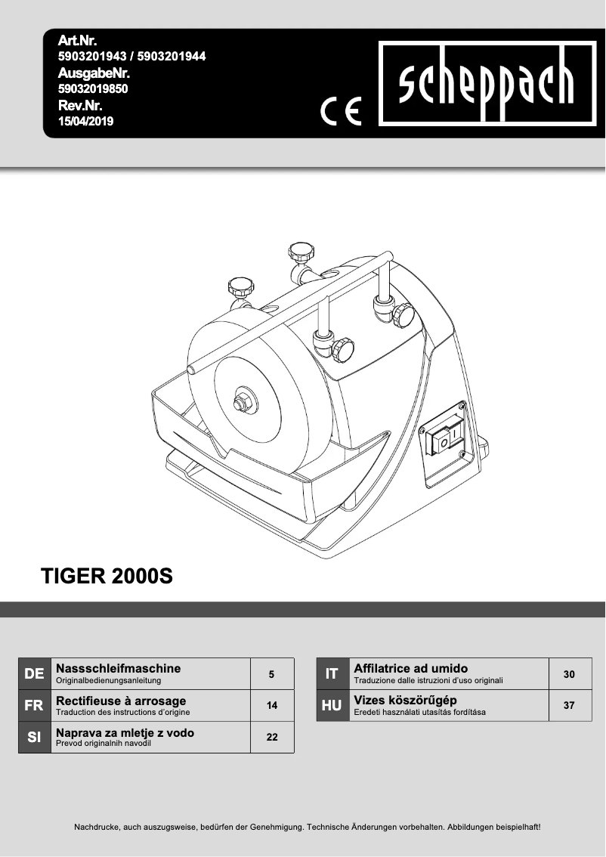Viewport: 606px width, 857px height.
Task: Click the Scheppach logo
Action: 486,84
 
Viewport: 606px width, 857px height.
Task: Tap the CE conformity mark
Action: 342,111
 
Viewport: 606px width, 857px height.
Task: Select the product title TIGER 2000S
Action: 107,577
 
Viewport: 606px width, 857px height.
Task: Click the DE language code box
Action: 34,673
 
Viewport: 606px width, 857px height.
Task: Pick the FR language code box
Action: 34,705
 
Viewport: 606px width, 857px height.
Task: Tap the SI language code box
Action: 34,737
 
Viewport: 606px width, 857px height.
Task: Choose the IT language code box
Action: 332,673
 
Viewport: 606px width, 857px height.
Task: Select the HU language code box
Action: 332,705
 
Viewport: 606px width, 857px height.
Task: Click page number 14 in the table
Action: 272,705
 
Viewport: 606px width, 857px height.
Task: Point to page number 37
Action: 569,705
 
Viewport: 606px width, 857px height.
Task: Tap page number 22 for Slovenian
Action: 272,737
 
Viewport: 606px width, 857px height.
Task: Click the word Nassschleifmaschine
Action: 119,669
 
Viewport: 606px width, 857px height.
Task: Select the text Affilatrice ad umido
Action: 410,669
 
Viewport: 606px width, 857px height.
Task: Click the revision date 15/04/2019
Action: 85,120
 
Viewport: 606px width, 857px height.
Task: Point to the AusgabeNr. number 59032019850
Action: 93,88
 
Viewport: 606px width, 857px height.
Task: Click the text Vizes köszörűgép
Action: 405,701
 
